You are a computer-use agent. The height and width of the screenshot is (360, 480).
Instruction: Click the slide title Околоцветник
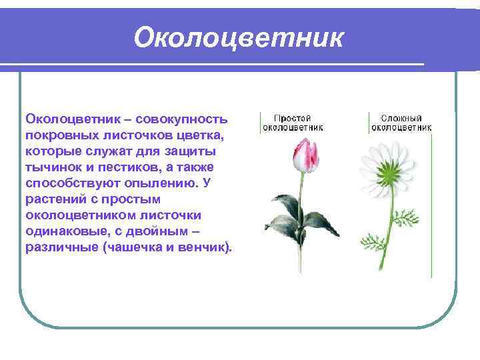238,38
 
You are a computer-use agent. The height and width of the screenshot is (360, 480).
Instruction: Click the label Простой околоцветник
293,121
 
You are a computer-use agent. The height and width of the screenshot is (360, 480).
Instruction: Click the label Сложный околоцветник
401,121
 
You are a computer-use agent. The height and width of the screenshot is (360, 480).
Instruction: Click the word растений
53,199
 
